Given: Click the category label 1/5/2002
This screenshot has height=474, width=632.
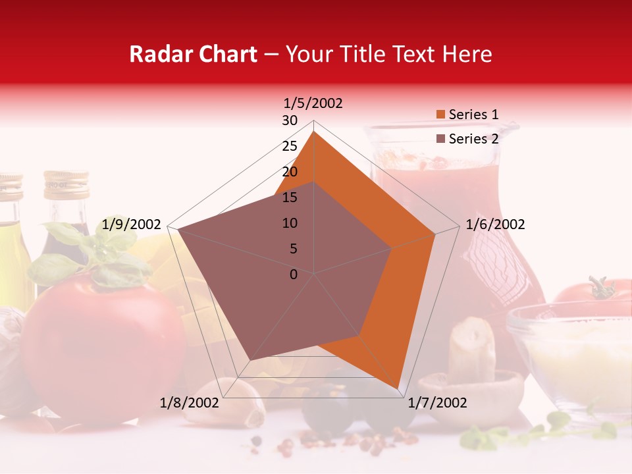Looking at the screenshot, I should click(313, 103).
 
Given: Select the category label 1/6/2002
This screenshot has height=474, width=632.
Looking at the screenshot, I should click(495, 224).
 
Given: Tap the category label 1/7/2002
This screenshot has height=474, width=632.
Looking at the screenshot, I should click(437, 403).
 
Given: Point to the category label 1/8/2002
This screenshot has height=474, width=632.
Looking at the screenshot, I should click(189, 403).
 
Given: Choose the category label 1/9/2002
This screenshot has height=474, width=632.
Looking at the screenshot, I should click(132, 224).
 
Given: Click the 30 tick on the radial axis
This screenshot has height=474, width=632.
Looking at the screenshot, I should click(290, 120).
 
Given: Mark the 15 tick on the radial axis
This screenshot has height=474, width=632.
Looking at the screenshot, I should click(290, 197).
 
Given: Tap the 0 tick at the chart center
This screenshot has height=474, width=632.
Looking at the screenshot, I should click(294, 275).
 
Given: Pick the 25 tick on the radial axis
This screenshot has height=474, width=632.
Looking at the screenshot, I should click(290, 146).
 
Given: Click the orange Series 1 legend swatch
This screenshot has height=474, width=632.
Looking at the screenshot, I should click(440, 115).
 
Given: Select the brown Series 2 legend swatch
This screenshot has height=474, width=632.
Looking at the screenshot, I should click(440, 139).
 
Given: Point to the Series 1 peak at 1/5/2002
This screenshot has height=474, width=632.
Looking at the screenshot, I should click(314, 131).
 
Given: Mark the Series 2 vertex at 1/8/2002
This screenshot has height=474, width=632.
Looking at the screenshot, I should click(248, 361).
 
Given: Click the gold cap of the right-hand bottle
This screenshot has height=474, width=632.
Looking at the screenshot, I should click(66, 184).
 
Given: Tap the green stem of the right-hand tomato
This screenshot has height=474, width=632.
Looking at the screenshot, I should click(600, 288).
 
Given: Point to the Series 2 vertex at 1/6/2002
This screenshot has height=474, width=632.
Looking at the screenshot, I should click(392, 248).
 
